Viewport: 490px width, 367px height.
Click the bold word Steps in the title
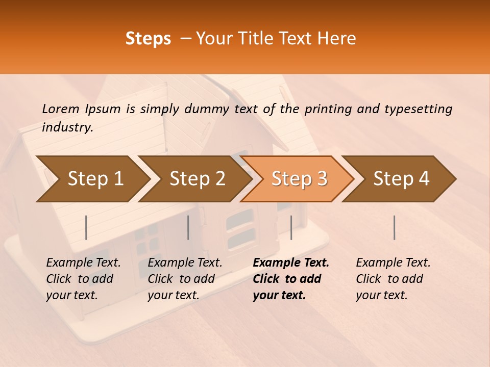pyautogui.click(x=148, y=39)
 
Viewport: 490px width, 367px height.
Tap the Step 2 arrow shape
pyautogui.click(x=197, y=179)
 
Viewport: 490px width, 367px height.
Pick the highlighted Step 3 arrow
pyautogui.click(x=299, y=179)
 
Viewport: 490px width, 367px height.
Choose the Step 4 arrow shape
pyautogui.click(x=401, y=179)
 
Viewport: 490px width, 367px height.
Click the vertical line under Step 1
pyautogui.click(x=86, y=227)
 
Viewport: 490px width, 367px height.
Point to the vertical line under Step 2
pyautogui.click(x=188, y=227)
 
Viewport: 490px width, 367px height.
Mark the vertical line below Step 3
pyautogui.click(x=291, y=227)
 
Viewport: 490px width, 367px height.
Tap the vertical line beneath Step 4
pyautogui.click(x=395, y=227)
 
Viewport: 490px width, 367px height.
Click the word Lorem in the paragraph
pyautogui.click(x=61, y=109)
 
